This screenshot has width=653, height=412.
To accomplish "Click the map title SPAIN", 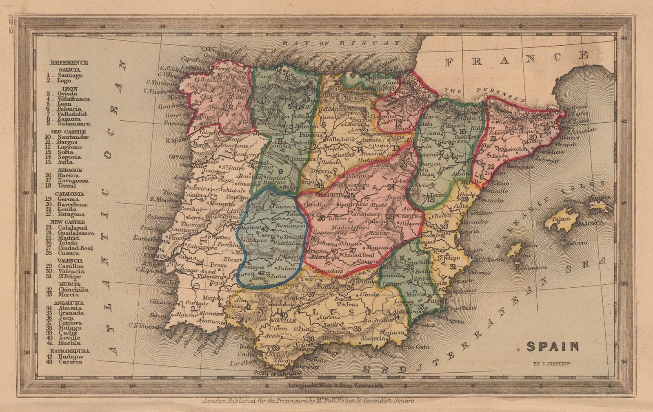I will point(553,347).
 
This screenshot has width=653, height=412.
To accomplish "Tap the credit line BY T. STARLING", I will point(552,363).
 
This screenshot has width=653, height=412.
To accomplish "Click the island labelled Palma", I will point(560,219).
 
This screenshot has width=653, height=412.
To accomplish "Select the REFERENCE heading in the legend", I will point(69,62).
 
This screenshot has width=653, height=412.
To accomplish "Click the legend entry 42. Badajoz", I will point(65,356).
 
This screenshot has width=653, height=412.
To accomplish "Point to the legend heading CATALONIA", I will point(70,194).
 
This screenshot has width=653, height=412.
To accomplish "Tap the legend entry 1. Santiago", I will point(65,75).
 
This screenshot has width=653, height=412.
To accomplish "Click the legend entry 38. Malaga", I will point(65,328).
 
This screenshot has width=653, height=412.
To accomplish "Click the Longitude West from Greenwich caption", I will point(335,385).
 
